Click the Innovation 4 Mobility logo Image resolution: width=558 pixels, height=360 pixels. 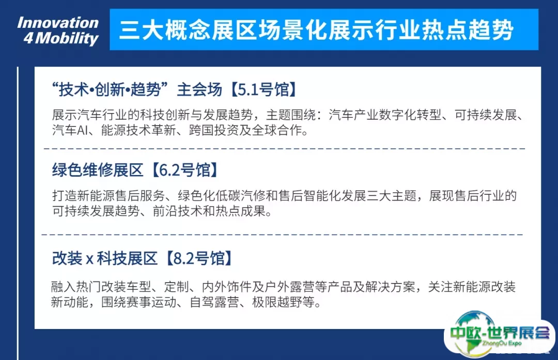coord(58,30)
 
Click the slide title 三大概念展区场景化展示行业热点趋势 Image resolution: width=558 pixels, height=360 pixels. coord(316,30)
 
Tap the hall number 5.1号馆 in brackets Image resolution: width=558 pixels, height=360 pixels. coord(262,89)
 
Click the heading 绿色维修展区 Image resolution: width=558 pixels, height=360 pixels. coord(98,170)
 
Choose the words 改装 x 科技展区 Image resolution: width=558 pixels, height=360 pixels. coord(104,258)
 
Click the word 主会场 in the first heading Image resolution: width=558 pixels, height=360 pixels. coord(199,89)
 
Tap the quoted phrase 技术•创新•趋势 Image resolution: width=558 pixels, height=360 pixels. coord(110,89)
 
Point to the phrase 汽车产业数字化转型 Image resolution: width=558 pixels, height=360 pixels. coord(385,115)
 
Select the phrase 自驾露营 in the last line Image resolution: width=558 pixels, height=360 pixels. coord(214,302)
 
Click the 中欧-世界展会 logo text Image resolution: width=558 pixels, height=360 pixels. coord(500,333)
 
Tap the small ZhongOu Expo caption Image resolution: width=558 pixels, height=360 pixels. coord(502,343)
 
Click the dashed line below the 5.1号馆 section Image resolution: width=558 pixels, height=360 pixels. coord(285,148)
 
